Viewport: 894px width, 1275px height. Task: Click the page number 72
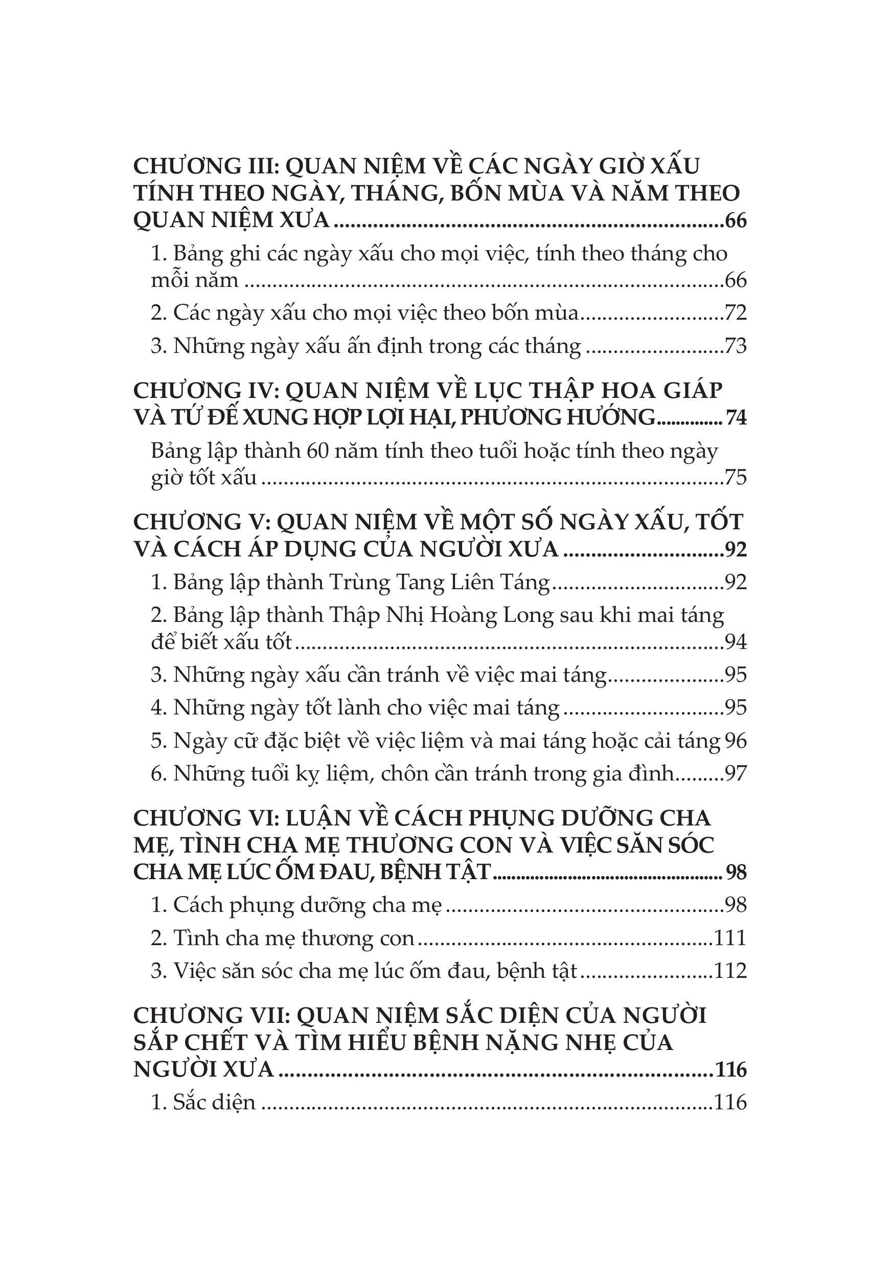pos(736,313)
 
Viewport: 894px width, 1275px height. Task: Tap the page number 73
pos(736,346)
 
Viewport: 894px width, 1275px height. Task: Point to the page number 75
pos(736,477)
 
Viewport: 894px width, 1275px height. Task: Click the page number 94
pos(736,642)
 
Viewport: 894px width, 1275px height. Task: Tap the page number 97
pos(736,774)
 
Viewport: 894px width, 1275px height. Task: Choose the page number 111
pos(730,938)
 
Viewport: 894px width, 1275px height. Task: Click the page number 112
pos(730,971)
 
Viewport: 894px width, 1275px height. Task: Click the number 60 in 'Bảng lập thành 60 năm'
pos(319,451)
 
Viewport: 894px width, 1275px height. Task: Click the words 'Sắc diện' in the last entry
pos(214,1102)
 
